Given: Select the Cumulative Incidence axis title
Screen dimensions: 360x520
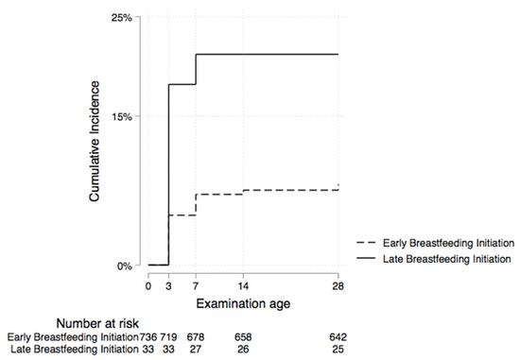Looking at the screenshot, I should pyautogui.click(x=95, y=142).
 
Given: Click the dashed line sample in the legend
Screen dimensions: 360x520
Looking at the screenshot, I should pyautogui.click(x=367, y=242).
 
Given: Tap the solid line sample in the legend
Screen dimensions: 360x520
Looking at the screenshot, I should pyautogui.click(x=367, y=258).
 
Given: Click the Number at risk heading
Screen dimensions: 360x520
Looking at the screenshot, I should pyautogui.click(x=104, y=322).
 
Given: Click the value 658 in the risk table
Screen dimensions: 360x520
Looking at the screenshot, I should pyautogui.click(x=244, y=337).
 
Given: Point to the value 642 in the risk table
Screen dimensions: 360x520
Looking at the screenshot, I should pyautogui.click(x=338, y=337).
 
